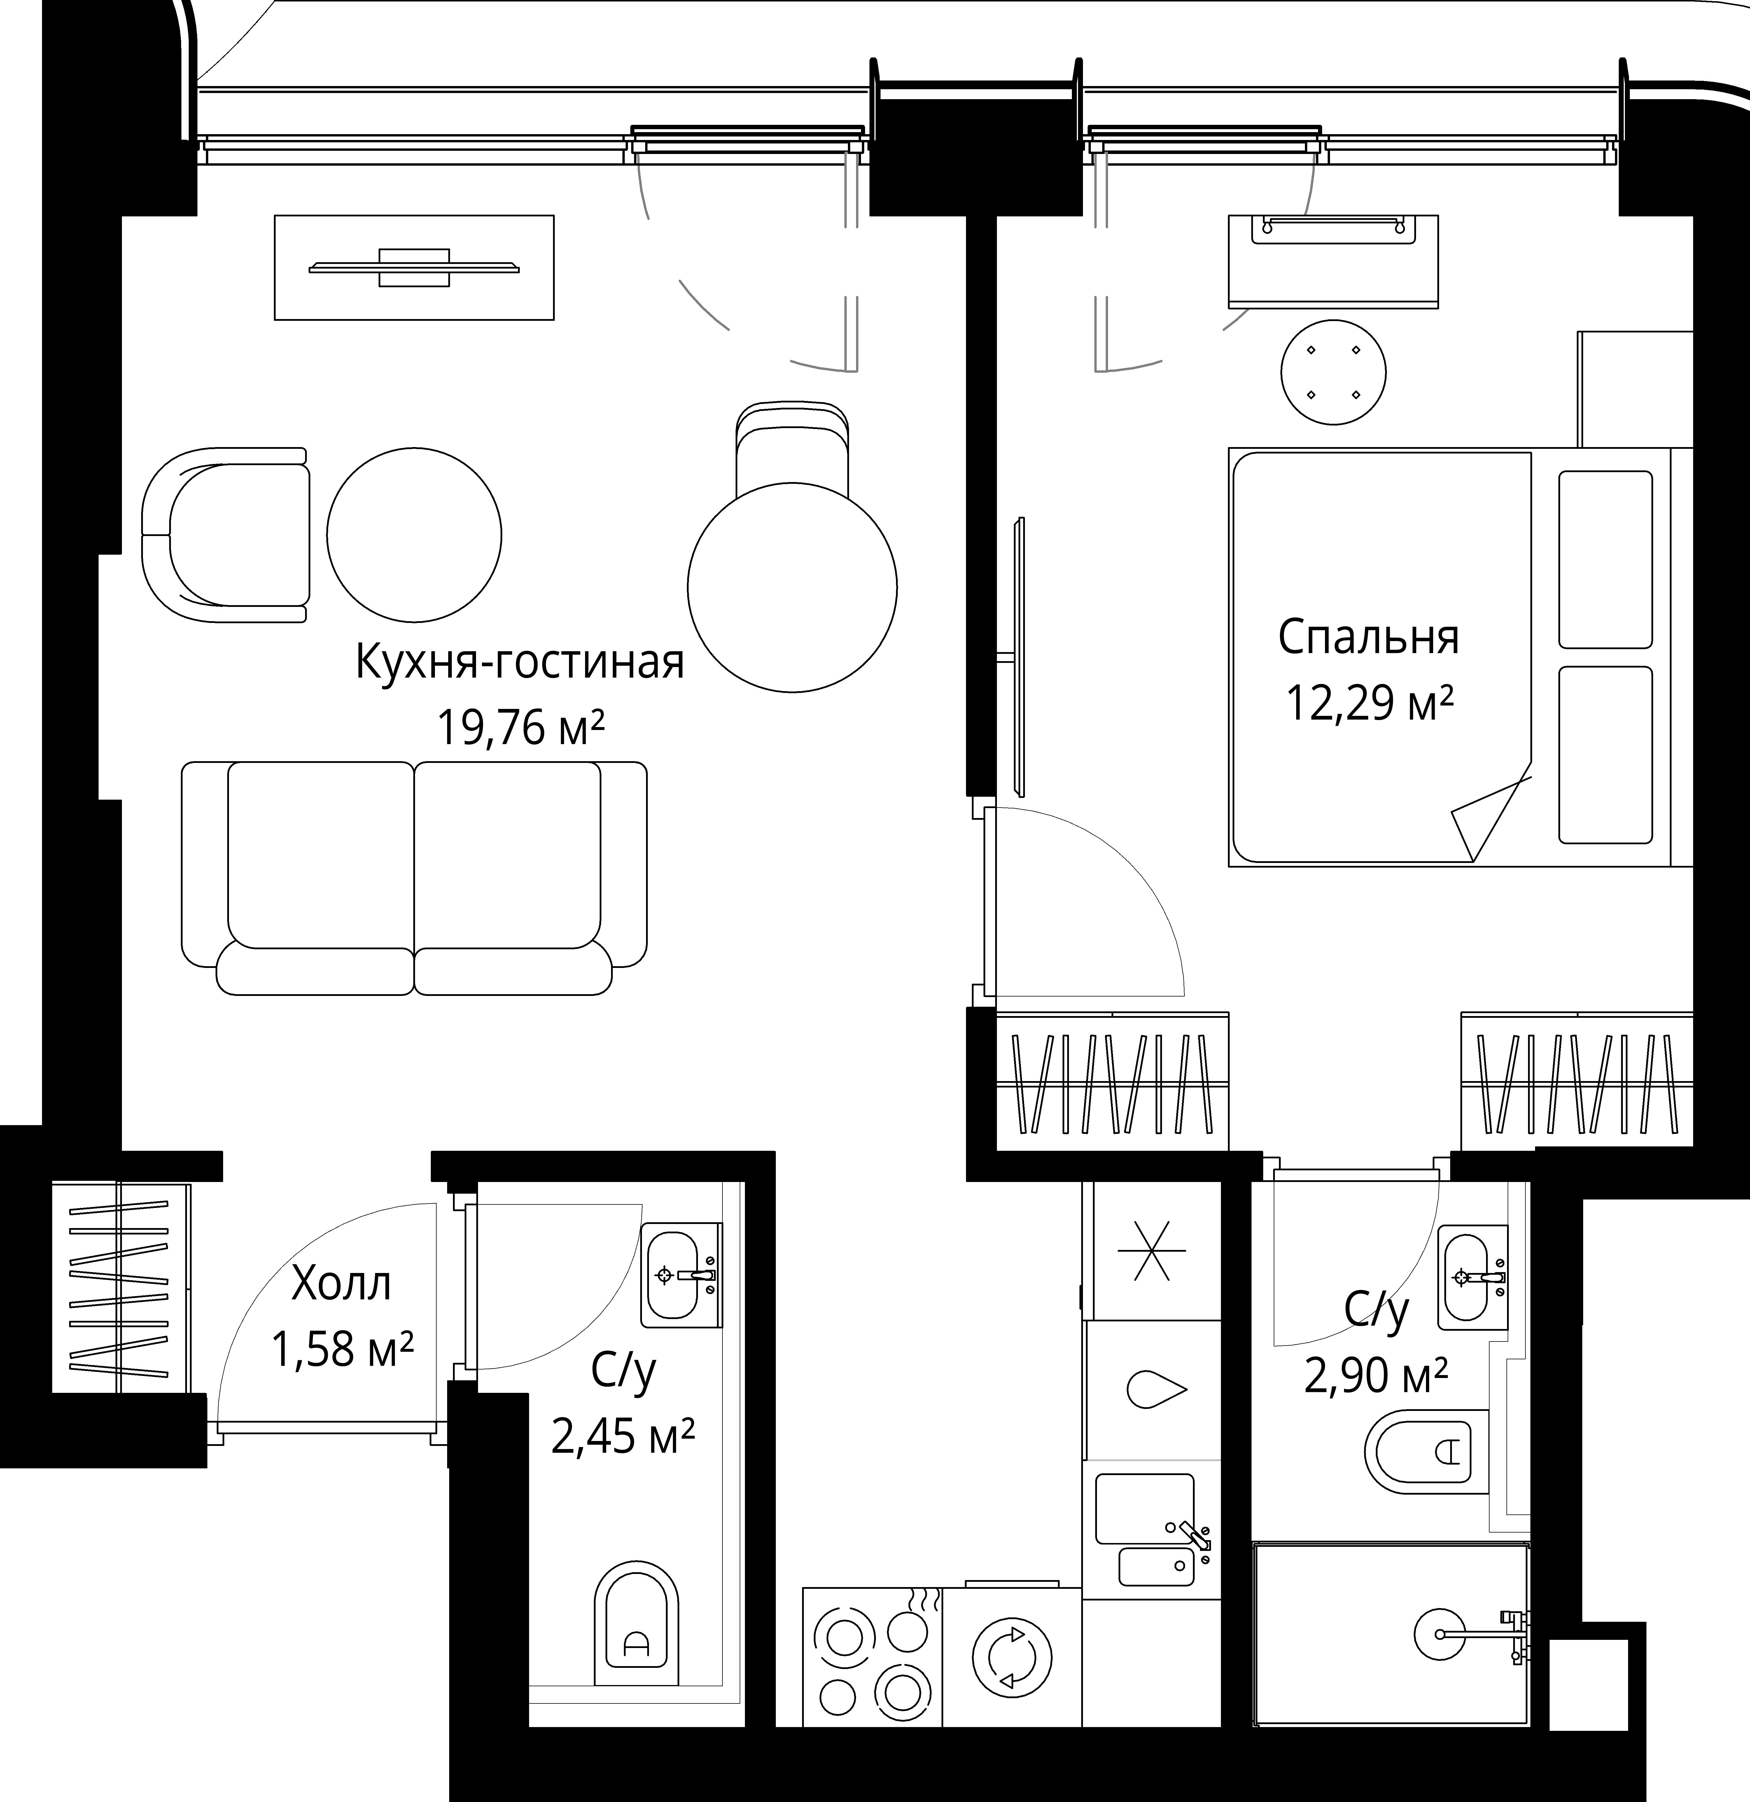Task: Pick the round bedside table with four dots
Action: [1333, 372]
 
